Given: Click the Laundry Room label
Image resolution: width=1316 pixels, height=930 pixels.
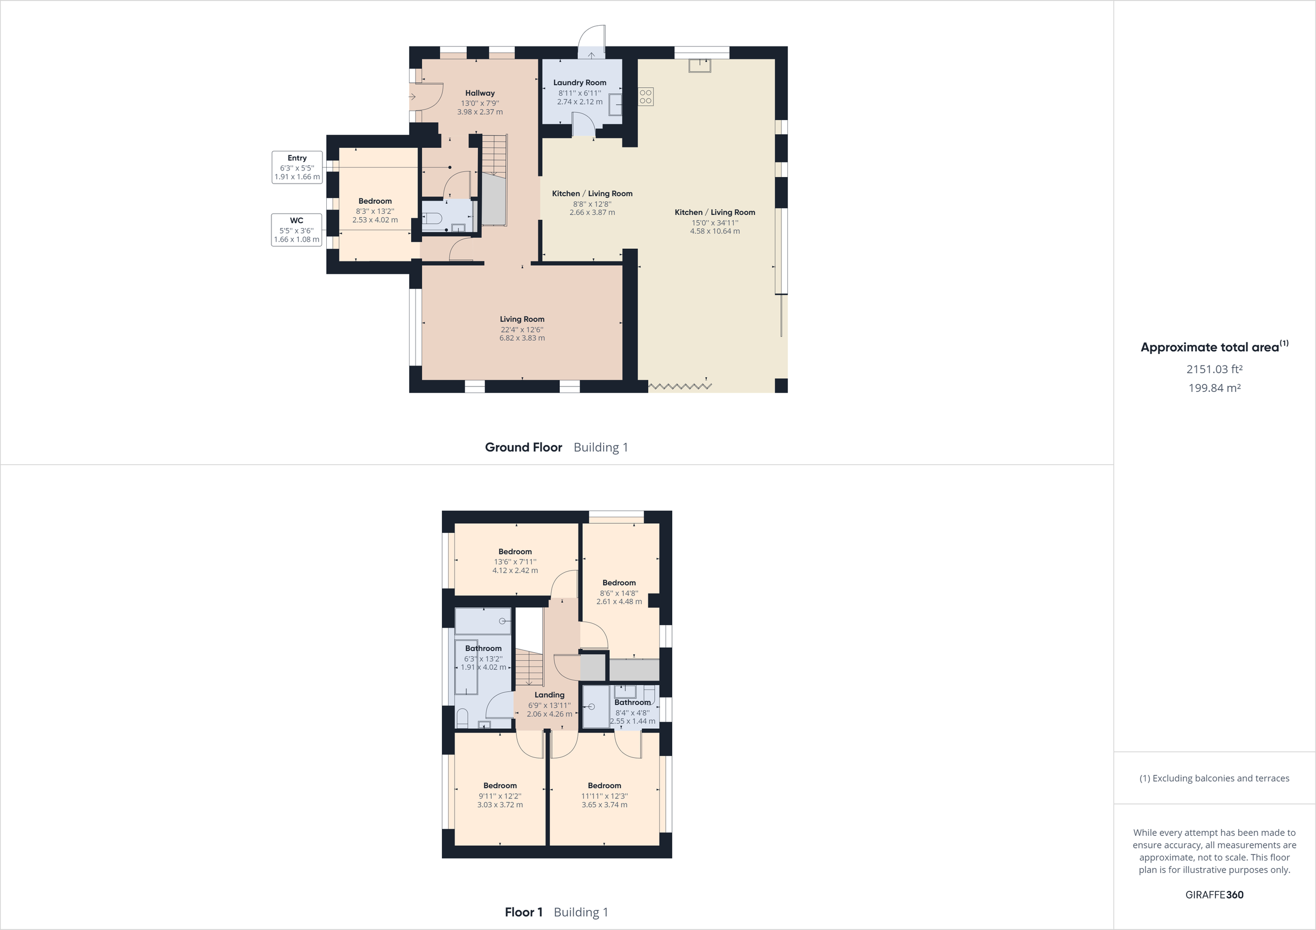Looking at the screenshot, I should click(580, 83).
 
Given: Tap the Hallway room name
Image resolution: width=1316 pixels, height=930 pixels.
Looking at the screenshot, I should click(480, 93).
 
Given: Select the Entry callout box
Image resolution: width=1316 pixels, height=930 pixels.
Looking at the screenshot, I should click(297, 167).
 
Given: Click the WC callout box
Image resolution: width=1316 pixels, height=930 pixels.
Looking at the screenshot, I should click(296, 230).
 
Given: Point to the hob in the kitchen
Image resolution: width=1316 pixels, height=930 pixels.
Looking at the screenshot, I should click(646, 96).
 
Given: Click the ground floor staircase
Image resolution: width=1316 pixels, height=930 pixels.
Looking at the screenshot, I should click(493, 155).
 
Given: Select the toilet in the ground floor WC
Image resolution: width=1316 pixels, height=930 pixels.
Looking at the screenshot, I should click(431, 218).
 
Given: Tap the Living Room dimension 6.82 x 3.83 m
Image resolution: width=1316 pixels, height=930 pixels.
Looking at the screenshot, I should click(521, 338).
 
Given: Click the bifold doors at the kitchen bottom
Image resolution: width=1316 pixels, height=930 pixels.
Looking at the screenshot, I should click(680, 387).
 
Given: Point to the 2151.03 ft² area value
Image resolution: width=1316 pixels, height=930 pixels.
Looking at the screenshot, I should click(1214, 369).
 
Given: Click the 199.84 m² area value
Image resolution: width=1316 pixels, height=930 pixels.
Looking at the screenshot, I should click(1214, 388).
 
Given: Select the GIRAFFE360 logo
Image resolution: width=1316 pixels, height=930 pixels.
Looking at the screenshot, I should click(1214, 894).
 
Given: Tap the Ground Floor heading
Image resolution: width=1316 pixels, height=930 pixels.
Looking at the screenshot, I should click(523, 448).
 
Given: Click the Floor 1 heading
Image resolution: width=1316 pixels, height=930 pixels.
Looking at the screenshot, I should click(523, 912).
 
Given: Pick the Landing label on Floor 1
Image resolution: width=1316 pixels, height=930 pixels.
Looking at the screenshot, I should click(549, 695).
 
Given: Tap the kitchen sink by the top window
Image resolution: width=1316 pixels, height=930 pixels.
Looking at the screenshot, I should click(700, 66).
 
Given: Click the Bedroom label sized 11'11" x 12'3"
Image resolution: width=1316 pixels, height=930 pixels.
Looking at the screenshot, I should click(604, 786).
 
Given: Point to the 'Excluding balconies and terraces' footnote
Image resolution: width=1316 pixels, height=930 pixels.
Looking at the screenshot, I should click(1214, 778).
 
